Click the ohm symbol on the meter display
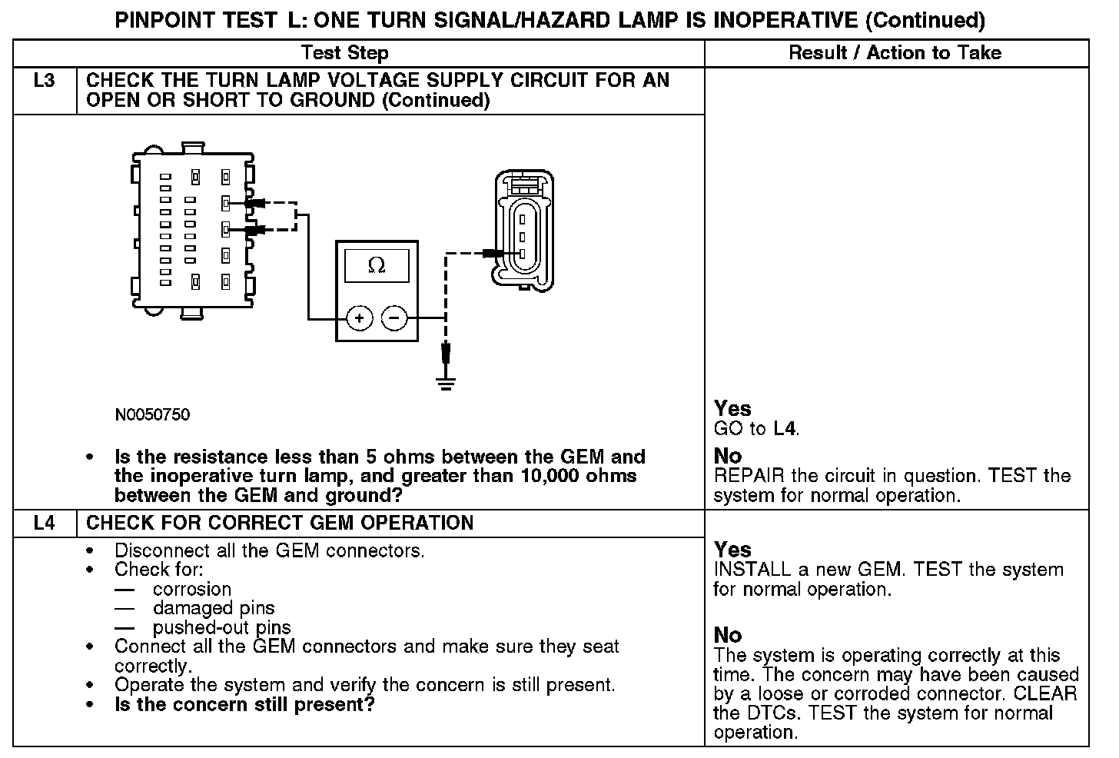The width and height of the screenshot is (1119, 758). (377, 265)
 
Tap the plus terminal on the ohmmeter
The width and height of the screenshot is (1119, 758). (359, 317)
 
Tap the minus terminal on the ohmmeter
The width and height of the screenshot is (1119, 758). (394, 317)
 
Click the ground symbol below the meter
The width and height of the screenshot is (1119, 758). (445, 381)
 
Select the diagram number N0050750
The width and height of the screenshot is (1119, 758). (152, 415)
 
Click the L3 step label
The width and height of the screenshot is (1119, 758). (45, 81)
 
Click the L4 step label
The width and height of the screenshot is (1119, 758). (45, 524)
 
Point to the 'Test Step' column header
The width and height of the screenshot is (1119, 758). (344, 53)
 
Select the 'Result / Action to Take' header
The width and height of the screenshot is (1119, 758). (895, 53)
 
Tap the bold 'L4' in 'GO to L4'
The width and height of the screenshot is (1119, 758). (785, 429)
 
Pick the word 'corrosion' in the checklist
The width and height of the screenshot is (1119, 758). (192, 590)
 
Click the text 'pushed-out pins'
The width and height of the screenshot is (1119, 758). (221, 627)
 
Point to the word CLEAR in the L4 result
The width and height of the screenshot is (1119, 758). (1045, 694)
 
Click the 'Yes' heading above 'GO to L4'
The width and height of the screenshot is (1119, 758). (732, 408)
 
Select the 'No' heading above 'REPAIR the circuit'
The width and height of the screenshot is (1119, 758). (727, 456)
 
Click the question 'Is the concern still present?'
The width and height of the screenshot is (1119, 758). (244, 705)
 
